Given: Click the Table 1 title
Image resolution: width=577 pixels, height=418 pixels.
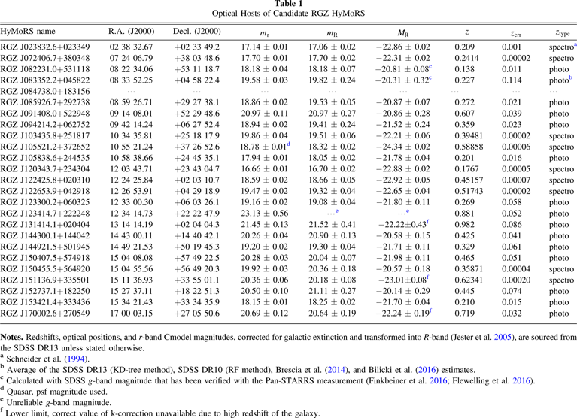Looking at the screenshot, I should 288,5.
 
